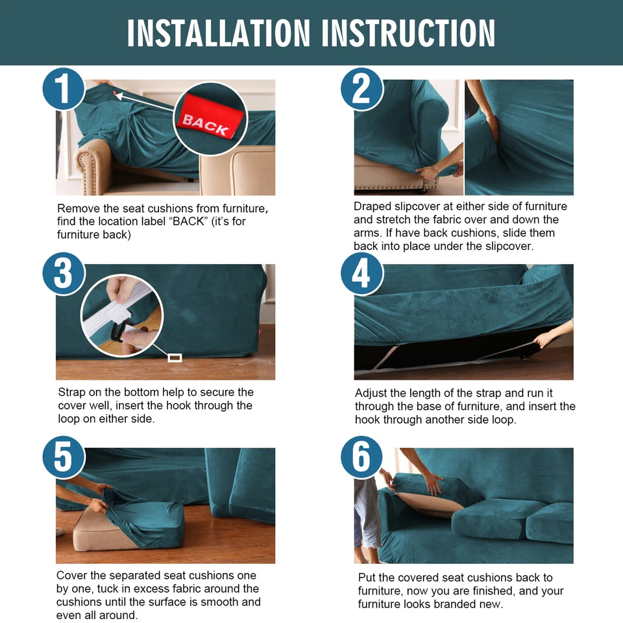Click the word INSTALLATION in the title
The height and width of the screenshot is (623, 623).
219,33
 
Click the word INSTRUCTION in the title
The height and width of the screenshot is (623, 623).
408,33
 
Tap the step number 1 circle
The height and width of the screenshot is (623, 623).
64,89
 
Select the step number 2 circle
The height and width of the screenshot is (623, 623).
361,89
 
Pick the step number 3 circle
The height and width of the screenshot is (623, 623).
64,273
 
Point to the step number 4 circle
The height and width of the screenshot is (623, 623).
361,273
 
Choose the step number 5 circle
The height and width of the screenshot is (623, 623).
64,457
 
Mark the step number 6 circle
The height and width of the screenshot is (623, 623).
361,457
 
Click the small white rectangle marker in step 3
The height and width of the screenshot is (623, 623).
175,358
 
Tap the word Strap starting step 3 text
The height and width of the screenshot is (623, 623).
72,393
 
